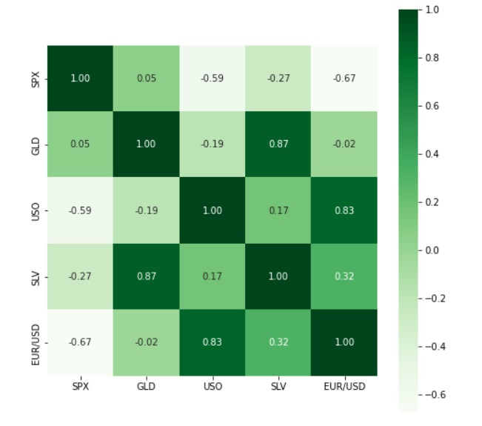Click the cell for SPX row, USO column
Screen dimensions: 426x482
pyautogui.click(x=212, y=78)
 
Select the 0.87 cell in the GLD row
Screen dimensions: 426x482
pyautogui.click(x=278, y=144)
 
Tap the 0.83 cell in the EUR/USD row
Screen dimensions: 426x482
pyautogui.click(x=212, y=342)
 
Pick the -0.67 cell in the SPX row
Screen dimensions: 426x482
pyautogui.click(x=344, y=78)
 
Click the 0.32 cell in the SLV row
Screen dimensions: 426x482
pyautogui.click(x=344, y=276)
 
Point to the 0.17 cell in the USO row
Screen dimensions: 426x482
pyautogui.click(x=278, y=210)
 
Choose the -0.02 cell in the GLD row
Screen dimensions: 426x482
pyautogui.click(x=344, y=144)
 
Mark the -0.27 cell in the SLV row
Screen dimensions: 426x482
pyautogui.click(x=80, y=276)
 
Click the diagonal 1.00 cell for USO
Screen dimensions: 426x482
pyautogui.click(x=212, y=210)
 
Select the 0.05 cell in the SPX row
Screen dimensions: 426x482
pyautogui.click(x=146, y=78)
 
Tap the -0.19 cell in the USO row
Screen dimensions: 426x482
pyautogui.click(x=146, y=210)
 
